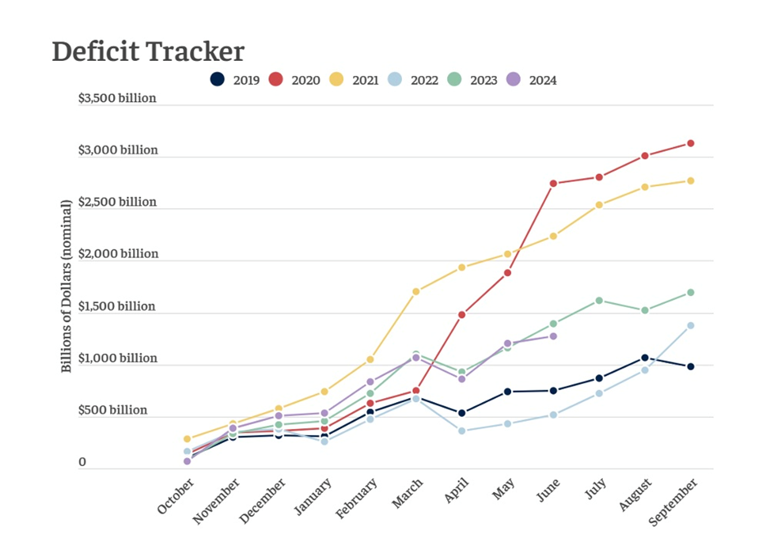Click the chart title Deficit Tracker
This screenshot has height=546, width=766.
148,51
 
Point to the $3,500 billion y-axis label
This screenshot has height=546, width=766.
117,98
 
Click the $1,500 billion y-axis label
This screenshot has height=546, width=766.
117,306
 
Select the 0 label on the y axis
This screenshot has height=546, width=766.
82,462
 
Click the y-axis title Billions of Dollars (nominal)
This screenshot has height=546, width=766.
66,286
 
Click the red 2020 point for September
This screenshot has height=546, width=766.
690,143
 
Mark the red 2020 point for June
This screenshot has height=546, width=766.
553,184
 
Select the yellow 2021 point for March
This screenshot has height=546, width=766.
415,291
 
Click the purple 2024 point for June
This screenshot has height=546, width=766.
553,336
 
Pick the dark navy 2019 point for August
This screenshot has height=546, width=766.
645,358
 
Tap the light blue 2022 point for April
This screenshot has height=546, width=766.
461,430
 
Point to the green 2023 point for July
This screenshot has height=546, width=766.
599,300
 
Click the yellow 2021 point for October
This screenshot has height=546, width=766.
188,438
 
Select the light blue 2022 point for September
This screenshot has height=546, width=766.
690,325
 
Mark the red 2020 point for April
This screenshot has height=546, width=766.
461,314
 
